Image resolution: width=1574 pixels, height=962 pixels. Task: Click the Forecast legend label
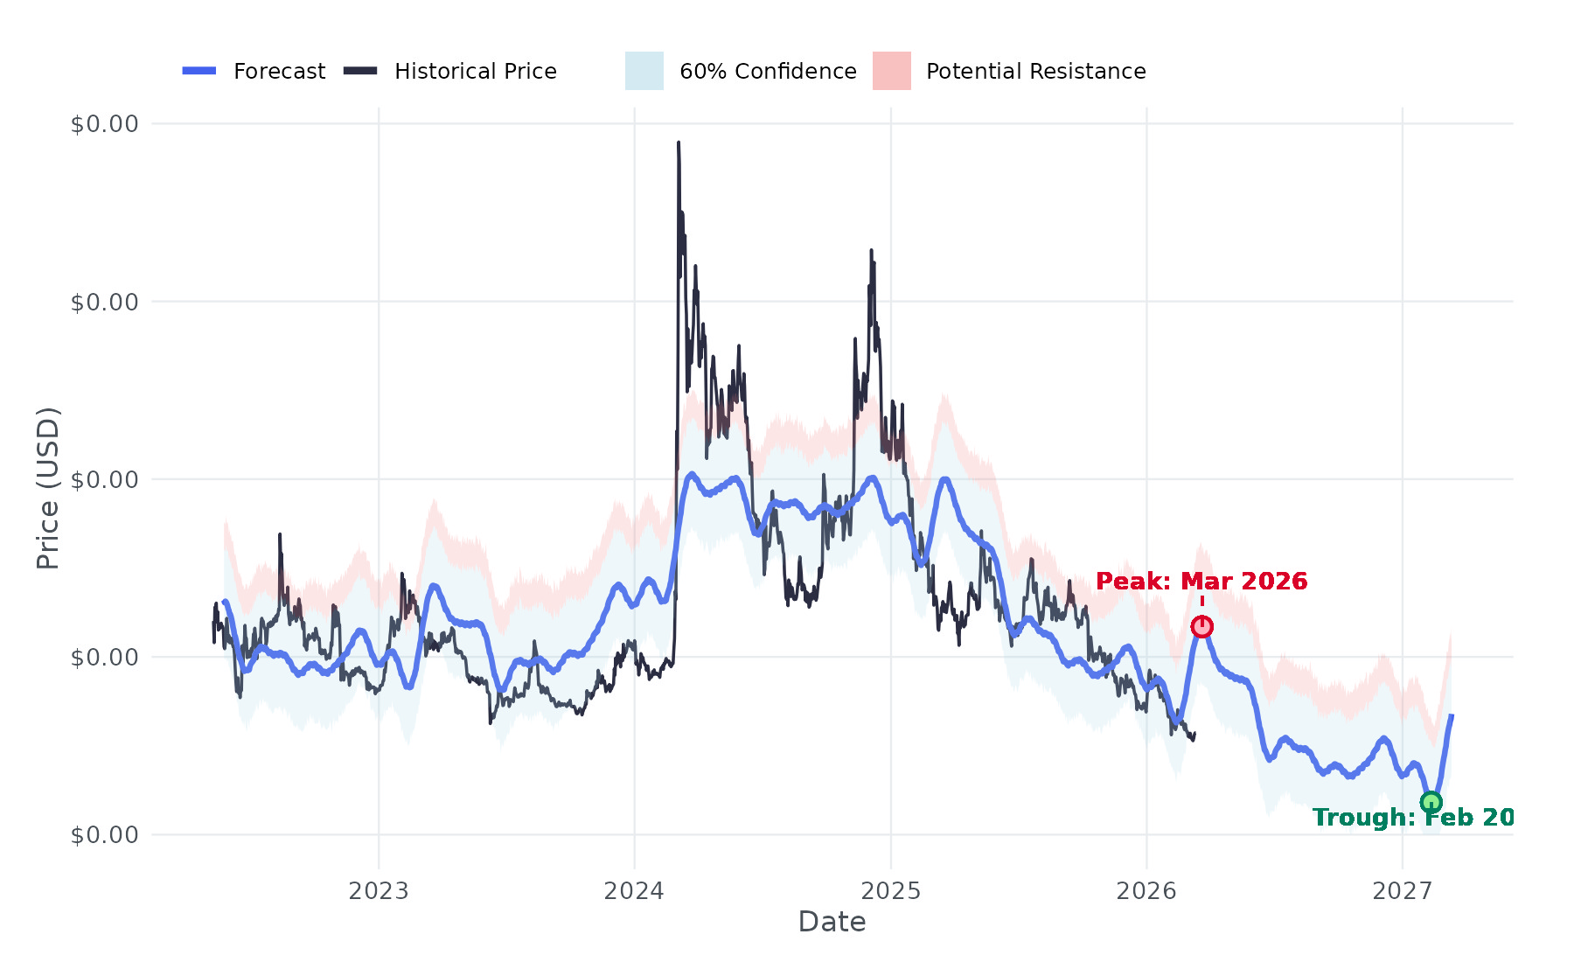click(x=279, y=72)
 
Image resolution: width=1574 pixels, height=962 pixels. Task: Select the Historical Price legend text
click(x=475, y=72)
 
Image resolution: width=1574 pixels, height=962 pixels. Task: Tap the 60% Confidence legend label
click(x=768, y=72)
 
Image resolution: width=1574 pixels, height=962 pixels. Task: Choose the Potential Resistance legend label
click(x=1035, y=72)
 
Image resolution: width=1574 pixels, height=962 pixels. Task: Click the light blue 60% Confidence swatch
click(x=644, y=71)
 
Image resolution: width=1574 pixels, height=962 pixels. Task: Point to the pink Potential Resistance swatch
click(x=891, y=71)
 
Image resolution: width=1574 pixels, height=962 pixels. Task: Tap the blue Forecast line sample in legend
click(x=199, y=71)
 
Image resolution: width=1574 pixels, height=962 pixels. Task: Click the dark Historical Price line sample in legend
click(x=360, y=71)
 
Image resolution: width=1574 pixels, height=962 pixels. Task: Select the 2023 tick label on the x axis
click(x=379, y=891)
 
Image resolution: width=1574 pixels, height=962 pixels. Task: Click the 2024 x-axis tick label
click(x=635, y=891)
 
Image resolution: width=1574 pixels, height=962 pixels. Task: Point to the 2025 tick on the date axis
click(x=891, y=891)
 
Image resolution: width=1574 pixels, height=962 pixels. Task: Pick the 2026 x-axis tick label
click(x=1146, y=891)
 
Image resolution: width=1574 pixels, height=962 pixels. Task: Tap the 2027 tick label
click(x=1403, y=891)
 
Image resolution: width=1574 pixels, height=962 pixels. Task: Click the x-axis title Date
click(x=832, y=922)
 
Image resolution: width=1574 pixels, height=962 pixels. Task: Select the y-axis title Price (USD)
click(x=48, y=488)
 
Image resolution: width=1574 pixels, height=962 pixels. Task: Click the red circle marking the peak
click(x=1202, y=627)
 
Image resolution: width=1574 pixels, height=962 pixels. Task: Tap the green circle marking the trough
click(x=1431, y=802)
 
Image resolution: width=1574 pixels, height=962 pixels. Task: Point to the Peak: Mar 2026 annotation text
click(x=1201, y=582)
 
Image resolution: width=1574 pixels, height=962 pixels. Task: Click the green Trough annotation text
click(x=1413, y=818)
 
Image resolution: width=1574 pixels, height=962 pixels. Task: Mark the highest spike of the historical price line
click(x=679, y=143)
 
